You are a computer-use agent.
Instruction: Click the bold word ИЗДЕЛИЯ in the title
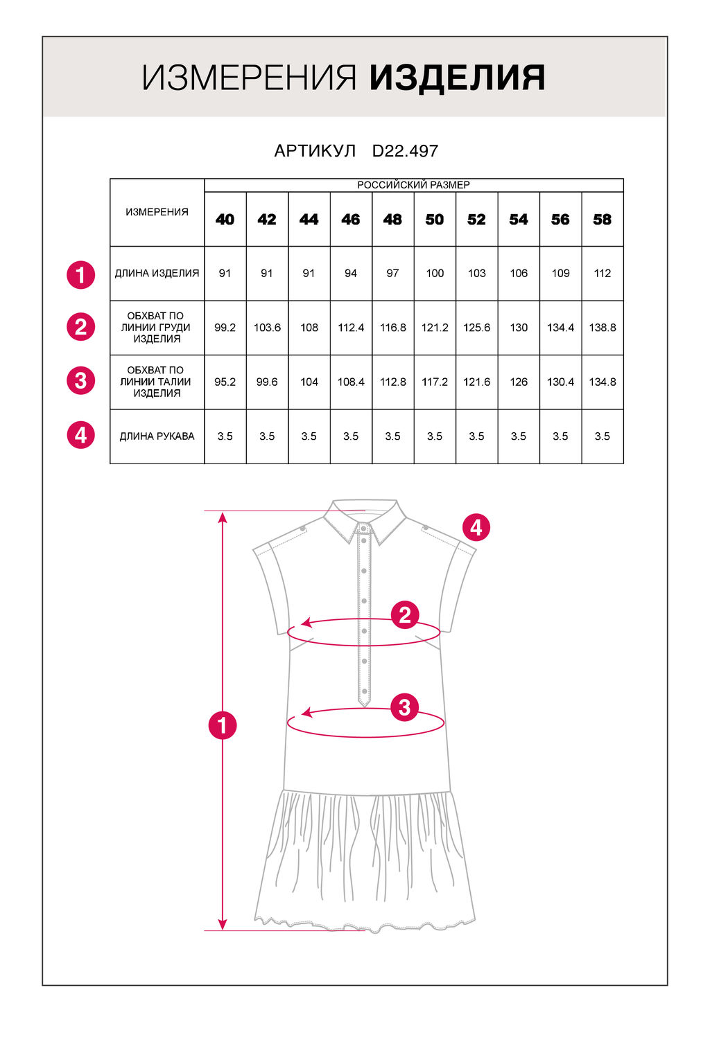(x=457, y=78)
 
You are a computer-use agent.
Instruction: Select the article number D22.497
(x=405, y=151)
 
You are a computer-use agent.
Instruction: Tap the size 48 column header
(x=392, y=220)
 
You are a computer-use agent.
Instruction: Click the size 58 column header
(x=602, y=220)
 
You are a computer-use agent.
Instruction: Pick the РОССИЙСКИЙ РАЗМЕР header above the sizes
(x=413, y=185)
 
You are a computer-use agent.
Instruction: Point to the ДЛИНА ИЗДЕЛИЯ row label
(x=157, y=274)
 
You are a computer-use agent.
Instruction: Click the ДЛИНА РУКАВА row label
(x=157, y=436)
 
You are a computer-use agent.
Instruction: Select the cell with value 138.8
(x=602, y=328)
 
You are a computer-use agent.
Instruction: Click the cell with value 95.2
(x=225, y=382)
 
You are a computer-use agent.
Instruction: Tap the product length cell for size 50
(x=435, y=274)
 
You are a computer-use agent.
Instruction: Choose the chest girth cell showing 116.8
(x=392, y=328)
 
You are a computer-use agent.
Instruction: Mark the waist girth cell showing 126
(x=519, y=382)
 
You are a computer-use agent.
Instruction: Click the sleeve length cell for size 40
(x=225, y=436)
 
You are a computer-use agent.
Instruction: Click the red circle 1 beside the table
(x=81, y=274)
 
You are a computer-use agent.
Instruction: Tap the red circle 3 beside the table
(x=81, y=381)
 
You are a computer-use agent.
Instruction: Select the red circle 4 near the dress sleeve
(x=476, y=528)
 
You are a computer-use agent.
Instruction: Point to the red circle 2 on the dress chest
(x=405, y=614)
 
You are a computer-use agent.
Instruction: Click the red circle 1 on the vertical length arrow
(x=223, y=725)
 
